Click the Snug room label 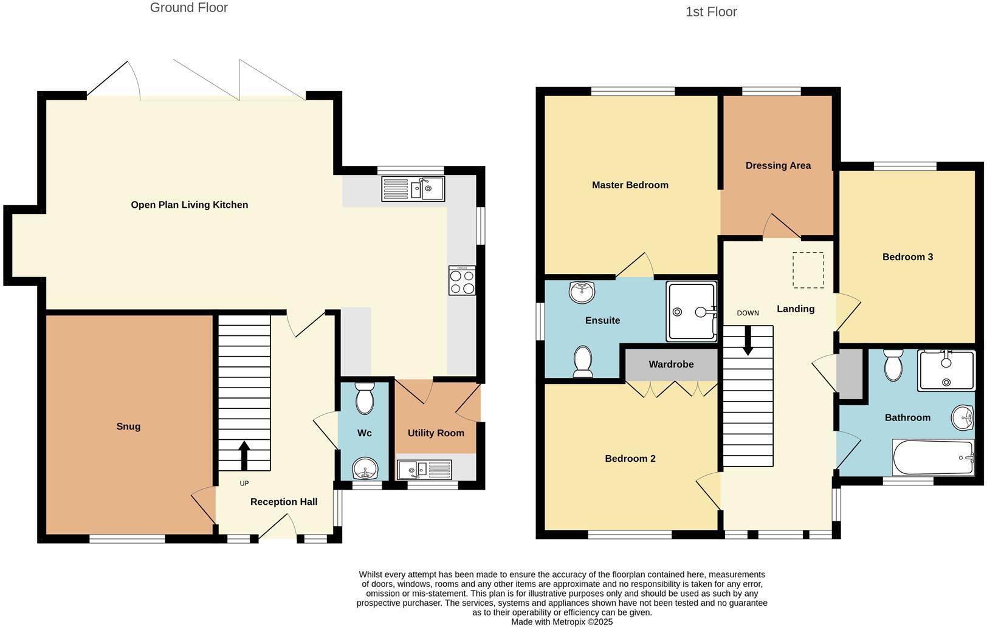128,427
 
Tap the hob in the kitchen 462,281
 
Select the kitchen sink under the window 413,188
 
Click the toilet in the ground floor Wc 364,399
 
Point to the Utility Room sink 424,469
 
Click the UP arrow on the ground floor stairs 244,455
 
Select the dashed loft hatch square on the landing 808,270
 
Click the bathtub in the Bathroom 933,457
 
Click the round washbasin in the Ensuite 582,292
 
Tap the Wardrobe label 671,365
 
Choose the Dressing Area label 778,165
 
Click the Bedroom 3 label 907,257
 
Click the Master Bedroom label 630,185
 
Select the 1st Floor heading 711,12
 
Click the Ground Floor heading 188,8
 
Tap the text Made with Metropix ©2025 562,622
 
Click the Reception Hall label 284,502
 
